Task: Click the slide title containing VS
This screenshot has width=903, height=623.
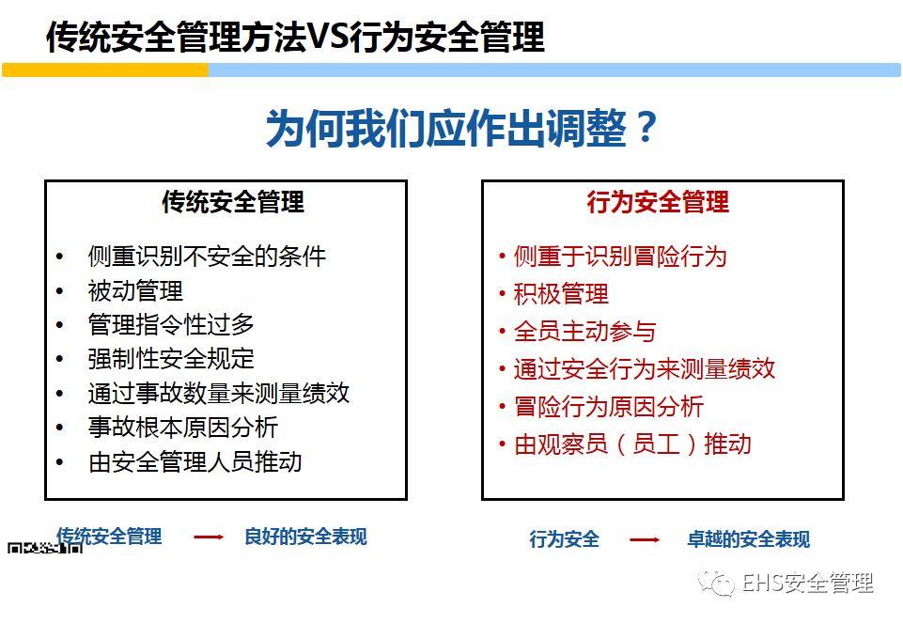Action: pos(295,37)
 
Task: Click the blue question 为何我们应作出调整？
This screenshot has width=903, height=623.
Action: pos(460,128)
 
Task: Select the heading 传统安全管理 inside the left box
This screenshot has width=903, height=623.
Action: pos(233,202)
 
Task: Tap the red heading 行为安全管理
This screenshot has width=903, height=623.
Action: pos(658,202)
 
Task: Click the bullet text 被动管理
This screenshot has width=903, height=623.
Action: pos(135,290)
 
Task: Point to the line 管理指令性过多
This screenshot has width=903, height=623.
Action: pos(171,325)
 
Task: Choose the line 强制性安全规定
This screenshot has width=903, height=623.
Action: pos(171,359)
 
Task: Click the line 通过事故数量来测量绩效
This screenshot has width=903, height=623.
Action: pos(218,393)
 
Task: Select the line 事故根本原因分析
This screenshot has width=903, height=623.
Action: pos(183,428)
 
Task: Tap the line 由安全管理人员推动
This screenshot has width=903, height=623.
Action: pos(195,461)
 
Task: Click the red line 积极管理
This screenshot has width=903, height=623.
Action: pos(561,294)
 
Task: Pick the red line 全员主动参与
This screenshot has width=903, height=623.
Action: pos(584,332)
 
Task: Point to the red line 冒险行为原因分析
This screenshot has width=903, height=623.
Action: pos(608,407)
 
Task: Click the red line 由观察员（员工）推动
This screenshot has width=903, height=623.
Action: pos(632,444)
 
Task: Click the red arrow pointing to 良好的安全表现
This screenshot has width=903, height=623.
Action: pos(209,537)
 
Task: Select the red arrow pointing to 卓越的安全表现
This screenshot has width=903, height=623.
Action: pos(645,539)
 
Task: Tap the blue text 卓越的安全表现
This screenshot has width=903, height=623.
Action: pos(748,539)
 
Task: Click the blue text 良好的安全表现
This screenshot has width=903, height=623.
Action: pos(305,537)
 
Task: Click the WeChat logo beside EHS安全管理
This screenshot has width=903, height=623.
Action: pos(721,584)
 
